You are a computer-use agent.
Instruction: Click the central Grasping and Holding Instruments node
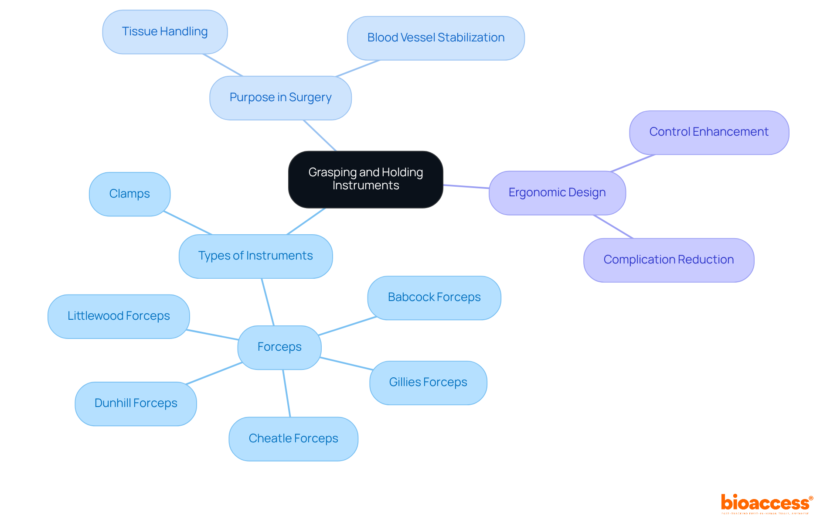pyautogui.click(x=365, y=179)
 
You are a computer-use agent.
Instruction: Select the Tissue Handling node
pyautogui.click(x=165, y=32)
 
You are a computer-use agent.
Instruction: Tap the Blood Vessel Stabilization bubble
pyautogui.click(x=436, y=38)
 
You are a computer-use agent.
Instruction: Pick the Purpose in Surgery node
pyautogui.click(x=280, y=98)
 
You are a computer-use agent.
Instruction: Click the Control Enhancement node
pyautogui.click(x=709, y=132)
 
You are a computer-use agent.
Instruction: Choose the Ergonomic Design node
pyautogui.click(x=557, y=193)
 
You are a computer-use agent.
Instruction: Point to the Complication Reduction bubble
pyautogui.click(x=669, y=260)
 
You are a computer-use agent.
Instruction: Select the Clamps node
pyautogui.click(x=129, y=194)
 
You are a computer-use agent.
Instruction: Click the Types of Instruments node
pyautogui.click(x=255, y=256)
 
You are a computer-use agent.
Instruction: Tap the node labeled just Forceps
pyautogui.click(x=279, y=347)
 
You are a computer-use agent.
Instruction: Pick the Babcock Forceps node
pyautogui.click(x=434, y=297)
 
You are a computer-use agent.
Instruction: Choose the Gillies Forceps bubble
pyautogui.click(x=428, y=383)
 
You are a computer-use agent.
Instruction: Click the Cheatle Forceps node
pyautogui.click(x=293, y=439)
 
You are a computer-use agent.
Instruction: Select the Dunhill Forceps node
pyautogui.click(x=136, y=403)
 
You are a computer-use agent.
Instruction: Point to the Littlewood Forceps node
pyautogui.click(x=119, y=316)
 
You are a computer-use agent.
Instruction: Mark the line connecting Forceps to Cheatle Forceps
pyautogui.click(x=286, y=393)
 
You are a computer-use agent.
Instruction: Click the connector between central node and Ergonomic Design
pyautogui.click(x=466, y=187)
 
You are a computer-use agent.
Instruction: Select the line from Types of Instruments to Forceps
pyautogui.click(x=268, y=302)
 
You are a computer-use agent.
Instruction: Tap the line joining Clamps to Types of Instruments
pyautogui.click(x=188, y=223)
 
